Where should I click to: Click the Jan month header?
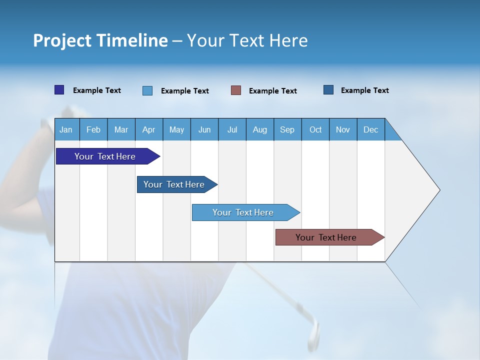coord(66,129)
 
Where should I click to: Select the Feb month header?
coord(93,129)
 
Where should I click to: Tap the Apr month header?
coord(148,129)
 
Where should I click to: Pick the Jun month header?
coord(204,129)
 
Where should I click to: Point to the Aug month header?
coord(259,129)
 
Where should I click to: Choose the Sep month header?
coord(287,129)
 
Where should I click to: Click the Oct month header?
coord(315,129)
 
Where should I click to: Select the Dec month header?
coord(370,129)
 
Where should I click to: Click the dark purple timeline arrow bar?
coord(105,156)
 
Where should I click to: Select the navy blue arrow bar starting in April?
coord(174,184)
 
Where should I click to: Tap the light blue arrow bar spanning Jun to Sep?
coord(243,212)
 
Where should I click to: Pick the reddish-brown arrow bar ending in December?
coord(326,237)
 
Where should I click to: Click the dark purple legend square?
coord(59,90)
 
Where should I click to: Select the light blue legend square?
coord(147,90)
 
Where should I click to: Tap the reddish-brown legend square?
coord(236,90)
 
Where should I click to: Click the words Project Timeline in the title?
coord(100,40)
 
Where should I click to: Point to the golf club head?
coord(313,333)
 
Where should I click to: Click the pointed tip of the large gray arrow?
coord(438,190)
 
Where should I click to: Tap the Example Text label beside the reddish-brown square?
coord(272,91)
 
